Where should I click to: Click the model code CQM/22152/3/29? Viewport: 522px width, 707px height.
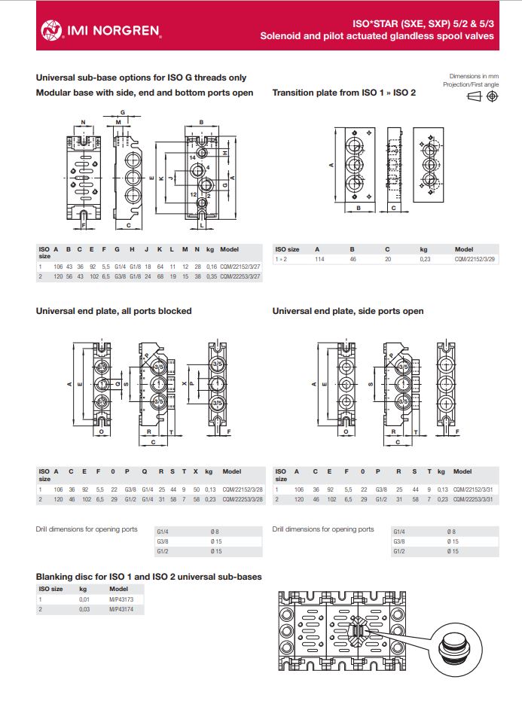475,259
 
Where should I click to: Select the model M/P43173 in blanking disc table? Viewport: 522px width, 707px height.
121,599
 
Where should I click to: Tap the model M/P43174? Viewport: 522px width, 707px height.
121,608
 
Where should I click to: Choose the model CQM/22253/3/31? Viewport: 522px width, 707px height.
475,498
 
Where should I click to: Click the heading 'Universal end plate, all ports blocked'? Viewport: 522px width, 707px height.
114,311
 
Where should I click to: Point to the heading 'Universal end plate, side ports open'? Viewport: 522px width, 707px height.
348,311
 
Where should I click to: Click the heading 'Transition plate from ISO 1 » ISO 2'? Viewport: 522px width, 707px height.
343,93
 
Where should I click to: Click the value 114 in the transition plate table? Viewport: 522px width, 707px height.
318,259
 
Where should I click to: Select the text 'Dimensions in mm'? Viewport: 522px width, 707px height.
474,77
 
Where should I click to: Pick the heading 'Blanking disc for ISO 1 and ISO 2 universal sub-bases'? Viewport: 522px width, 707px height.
149,577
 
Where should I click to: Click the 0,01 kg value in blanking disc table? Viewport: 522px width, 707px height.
84,599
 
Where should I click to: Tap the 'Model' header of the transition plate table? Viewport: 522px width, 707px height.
464,249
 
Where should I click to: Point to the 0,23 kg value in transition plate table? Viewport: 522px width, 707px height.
424,259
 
